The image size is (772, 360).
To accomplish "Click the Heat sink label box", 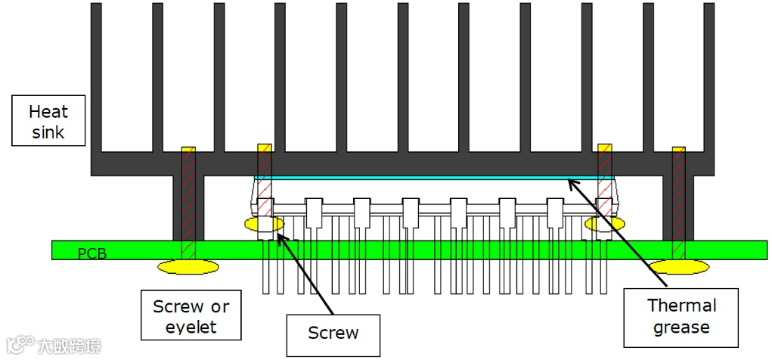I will click(x=48, y=122).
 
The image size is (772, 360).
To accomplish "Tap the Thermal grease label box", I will click(x=681, y=317).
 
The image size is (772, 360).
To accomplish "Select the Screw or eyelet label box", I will click(x=191, y=316).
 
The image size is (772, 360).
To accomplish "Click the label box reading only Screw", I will click(x=333, y=334).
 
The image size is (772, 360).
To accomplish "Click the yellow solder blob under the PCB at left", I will click(x=188, y=266).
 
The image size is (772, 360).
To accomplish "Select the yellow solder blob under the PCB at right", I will click(x=679, y=267).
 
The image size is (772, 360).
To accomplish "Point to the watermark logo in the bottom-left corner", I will click(x=53, y=346).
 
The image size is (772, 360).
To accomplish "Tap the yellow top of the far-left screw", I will click(x=188, y=151).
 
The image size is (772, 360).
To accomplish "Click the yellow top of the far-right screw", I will click(x=678, y=151).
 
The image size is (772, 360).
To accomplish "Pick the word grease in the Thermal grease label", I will click(x=682, y=327).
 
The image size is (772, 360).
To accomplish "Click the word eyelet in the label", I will click(x=191, y=327).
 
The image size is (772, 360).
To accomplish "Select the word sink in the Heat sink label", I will click(x=48, y=132).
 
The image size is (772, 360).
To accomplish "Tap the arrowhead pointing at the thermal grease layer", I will click(x=572, y=182).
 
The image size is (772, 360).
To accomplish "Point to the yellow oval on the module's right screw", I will click(x=605, y=224).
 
